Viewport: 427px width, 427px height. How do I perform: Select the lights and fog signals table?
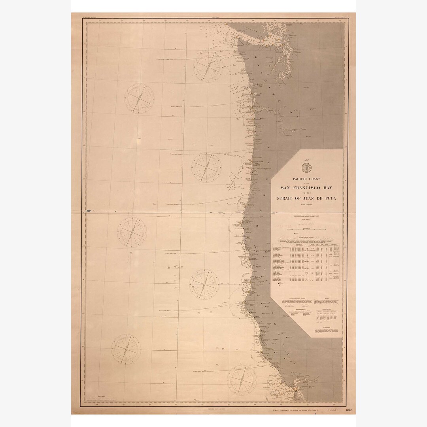(306, 261)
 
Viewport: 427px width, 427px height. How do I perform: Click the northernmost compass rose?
(207, 67)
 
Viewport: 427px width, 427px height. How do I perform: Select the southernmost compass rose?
(242, 379)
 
